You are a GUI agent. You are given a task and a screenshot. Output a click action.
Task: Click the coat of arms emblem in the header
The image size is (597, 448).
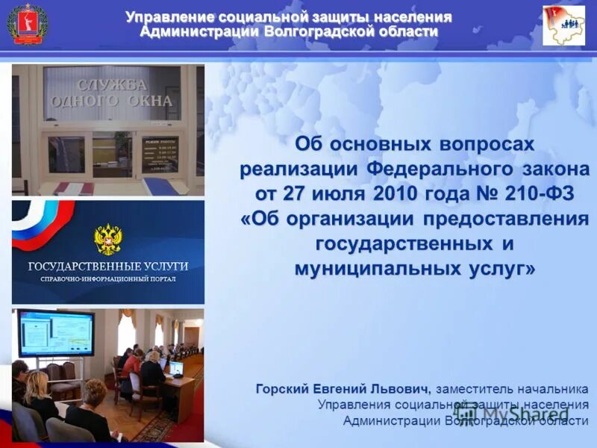28,24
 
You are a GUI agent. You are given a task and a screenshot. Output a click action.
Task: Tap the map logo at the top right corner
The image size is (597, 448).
563,25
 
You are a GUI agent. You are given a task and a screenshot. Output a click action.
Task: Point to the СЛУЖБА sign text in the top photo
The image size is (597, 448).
113,84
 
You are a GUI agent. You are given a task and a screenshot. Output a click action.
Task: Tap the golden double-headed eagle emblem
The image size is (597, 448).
108,239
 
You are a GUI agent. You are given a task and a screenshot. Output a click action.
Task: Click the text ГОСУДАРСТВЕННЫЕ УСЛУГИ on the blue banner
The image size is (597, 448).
108,266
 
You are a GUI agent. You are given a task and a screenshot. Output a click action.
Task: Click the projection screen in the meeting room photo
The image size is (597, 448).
56,332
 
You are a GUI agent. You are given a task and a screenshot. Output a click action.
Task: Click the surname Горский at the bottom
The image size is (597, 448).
279,389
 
